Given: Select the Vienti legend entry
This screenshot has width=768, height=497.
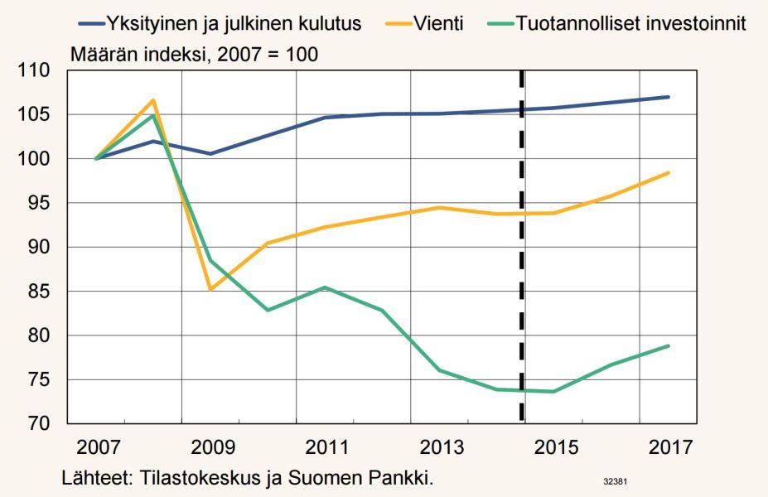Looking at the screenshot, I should tap(435, 23).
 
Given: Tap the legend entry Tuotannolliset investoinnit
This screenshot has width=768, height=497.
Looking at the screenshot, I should tap(630, 23).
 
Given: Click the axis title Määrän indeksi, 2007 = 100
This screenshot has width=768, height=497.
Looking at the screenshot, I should tap(194, 55).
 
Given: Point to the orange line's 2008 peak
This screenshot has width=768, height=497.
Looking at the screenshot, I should tap(153, 100).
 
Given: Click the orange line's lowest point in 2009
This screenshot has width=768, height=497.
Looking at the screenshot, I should tap(210, 289).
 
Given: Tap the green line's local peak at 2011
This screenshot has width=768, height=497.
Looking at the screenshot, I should tap(325, 287).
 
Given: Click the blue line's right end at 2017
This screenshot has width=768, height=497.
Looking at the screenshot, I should tap(669, 97).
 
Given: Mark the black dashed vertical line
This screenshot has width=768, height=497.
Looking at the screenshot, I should tap(522, 248).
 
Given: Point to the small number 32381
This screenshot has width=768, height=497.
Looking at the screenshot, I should tap(615, 480).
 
